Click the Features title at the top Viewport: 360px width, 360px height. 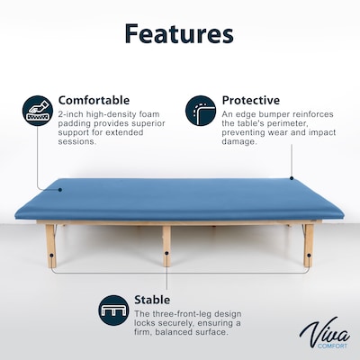[x=179, y=34]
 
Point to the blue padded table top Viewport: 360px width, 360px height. [x=180, y=200]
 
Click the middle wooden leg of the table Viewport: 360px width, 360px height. [x=166, y=246]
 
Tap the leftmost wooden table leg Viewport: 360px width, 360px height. [x=50, y=246]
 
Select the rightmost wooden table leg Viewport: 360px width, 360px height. [x=308, y=246]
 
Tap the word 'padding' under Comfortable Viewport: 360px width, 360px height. [x=75, y=126]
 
